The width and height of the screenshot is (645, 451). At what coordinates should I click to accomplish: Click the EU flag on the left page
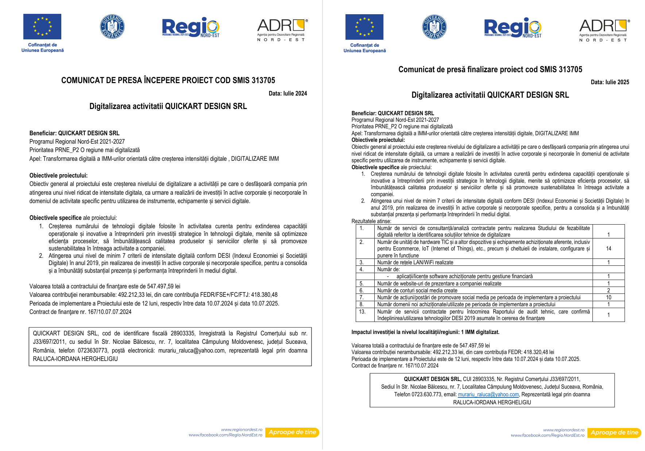pyautogui.click(x=42, y=27)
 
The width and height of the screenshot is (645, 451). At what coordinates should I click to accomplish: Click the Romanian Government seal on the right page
pyautogui.click(x=434, y=27)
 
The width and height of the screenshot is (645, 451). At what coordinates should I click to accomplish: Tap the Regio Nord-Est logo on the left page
pyautogui.click(x=190, y=27)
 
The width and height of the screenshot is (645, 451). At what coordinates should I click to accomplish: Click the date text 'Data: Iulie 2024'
pyautogui.click(x=288, y=94)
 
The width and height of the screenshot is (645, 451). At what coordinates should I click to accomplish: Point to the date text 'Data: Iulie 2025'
pyautogui.click(x=610, y=82)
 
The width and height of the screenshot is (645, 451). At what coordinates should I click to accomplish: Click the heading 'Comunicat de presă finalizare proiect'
pyautogui.click(x=490, y=69)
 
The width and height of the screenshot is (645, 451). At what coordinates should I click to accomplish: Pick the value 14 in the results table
pyautogui.click(x=609, y=249)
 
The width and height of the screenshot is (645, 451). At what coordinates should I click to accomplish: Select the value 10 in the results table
pyautogui.click(x=609, y=298)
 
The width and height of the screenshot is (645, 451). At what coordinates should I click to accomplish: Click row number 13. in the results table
pyautogui.click(x=362, y=312)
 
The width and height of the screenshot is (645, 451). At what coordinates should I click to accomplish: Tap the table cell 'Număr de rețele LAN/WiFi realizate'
pyautogui.click(x=415, y=263)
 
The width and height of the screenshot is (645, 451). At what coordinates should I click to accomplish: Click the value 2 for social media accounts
pyautogui.click(x=609, y=291)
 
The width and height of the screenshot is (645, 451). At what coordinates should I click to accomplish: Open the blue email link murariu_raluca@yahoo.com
pyautogui.click(x=488, y=394)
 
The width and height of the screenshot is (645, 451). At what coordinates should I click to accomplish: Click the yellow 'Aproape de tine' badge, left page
pyautogui.click(x=292, y=432)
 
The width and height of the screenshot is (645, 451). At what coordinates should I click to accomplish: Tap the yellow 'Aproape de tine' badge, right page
pyautogui.click(x=614, y=433)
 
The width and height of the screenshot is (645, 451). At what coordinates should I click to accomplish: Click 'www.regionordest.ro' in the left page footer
pyautogui.click(x=242, y=430)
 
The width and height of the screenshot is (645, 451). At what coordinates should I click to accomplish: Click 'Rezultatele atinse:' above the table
pyautogui.click(x=371, y=221)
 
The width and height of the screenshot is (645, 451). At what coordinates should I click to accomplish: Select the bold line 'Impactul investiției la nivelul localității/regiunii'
pyautogui.click(x=425, y=332)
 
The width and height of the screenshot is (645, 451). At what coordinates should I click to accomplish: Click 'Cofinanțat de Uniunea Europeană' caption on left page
pyautogui.click(x=42, y=48)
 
